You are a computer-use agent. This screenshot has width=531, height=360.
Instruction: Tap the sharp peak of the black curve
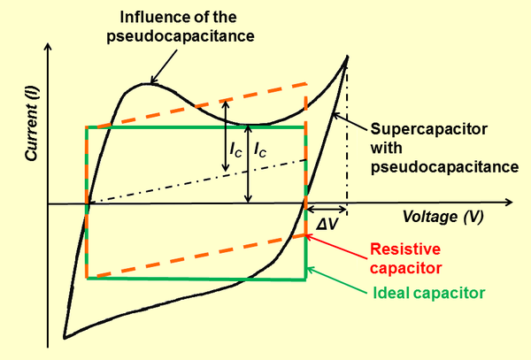346,56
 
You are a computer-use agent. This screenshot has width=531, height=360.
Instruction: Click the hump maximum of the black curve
149,84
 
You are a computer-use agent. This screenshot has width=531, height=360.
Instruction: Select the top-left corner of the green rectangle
87,127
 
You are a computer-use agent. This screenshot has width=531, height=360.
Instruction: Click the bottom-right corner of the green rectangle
306,280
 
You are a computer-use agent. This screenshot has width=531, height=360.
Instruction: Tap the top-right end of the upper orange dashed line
306,84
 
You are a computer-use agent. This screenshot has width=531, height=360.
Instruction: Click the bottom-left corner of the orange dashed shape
87,278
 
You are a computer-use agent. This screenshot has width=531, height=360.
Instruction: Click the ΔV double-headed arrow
327,209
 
